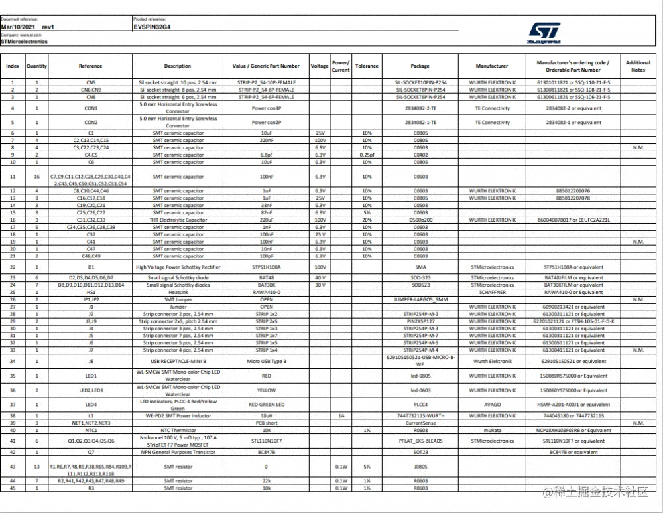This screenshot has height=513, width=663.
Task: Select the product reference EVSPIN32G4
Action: (152, 27)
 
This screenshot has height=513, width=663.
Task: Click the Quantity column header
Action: (36, 66)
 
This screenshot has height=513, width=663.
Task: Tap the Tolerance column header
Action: (367, 66)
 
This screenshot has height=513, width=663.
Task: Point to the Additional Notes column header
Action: (638, 66)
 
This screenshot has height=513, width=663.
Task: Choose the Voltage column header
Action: (320, 66)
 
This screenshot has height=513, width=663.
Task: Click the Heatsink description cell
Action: (177, 292)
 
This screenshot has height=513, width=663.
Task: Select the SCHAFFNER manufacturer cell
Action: (492, 292)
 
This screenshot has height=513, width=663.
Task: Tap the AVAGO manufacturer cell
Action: (492, 404)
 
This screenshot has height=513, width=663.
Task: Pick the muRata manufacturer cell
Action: (492, 430)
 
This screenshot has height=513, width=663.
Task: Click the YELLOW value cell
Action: (266, 390)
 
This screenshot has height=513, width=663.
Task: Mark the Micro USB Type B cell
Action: (266, 361)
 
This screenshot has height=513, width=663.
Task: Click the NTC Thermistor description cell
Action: (177, 430)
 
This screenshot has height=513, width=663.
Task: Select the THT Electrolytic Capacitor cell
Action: (177, 220)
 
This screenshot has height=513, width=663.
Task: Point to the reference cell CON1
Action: (91, 108)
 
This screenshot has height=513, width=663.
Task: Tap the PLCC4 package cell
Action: (420, 404)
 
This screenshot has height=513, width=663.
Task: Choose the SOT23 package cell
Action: (420, 452)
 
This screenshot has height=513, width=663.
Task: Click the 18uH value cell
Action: (266, 415)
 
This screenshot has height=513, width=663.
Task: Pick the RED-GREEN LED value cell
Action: (266, 404)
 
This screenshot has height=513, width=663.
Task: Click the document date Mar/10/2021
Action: (19, 27)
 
